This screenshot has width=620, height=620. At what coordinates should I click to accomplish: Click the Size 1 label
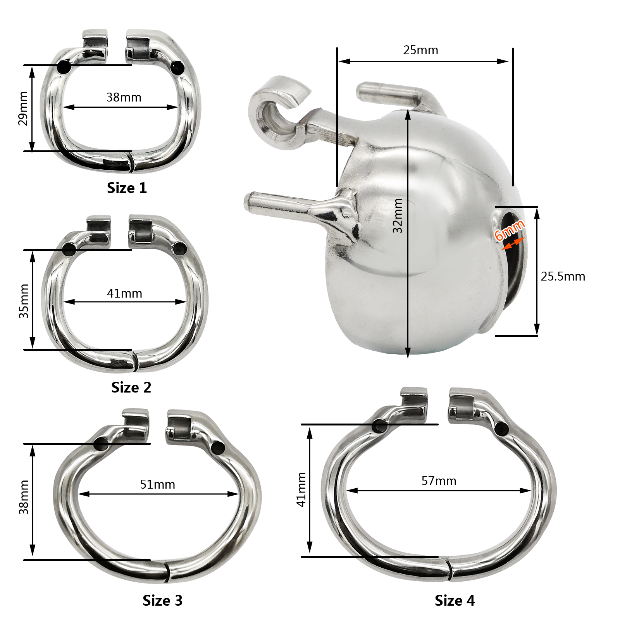click(x=127, y=188)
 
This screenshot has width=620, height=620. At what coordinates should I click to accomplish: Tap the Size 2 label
click(x=131, y=387)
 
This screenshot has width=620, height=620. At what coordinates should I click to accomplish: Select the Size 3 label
click(x=162, y=600)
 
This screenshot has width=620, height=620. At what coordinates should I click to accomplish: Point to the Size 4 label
click(x=455, y=600)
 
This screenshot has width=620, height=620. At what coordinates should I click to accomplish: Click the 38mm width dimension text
click(x=124, y=97)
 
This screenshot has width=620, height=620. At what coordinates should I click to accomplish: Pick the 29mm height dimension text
click(x=23, y=108)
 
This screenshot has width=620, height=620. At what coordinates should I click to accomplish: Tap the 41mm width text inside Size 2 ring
click(x=124, y=293)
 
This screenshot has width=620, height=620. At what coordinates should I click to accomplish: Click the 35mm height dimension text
click(x=24, y=301)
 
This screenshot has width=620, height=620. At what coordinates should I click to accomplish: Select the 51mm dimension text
click(x=158, y=484)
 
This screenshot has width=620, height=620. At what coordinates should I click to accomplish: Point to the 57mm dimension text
click(x=439, y=481)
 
